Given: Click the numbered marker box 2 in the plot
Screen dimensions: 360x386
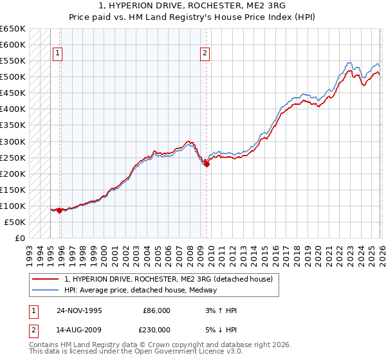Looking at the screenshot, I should click(x=205, y=54).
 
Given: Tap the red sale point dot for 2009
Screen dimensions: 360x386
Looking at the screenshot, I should click(x=207, y=164).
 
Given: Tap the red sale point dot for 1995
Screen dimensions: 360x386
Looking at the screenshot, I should click(x=60, y=210).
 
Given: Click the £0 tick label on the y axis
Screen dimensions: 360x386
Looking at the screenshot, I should click(x=19, y=238).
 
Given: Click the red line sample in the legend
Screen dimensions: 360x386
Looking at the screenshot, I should click(x=46, y=279).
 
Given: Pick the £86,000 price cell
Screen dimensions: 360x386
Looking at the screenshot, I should click(x=156, y=310).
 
